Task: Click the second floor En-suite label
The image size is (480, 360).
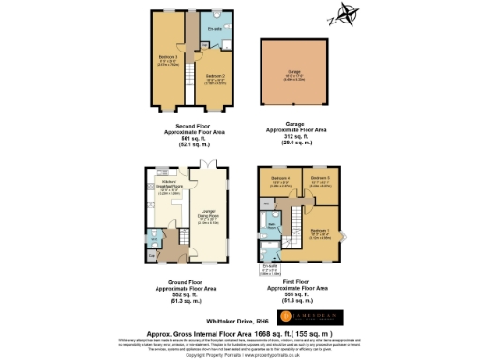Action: pos(214,30)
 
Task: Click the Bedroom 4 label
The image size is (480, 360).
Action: pos(278,178)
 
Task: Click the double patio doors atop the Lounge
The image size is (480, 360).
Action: pos(212,166)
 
